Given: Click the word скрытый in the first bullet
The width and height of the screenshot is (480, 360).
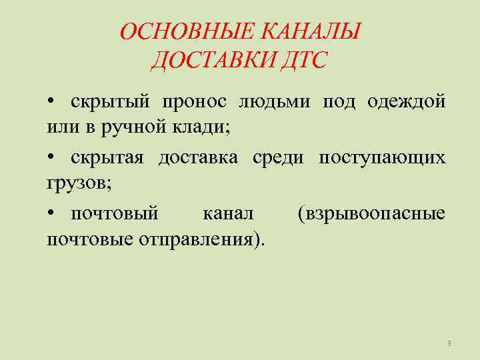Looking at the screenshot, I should click(106, 101).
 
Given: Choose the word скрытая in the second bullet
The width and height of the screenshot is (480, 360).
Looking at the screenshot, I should click(107, 157).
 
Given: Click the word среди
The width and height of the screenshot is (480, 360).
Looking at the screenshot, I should click(278, 157).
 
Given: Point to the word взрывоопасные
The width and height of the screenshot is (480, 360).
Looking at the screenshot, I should click(371, 214).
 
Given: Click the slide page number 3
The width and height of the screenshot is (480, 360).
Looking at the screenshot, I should click(449, 343).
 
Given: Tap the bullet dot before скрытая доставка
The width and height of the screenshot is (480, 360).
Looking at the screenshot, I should click(51, 158).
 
